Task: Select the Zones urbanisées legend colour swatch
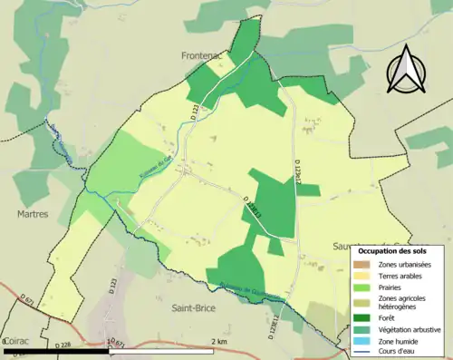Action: [x=361, y=264]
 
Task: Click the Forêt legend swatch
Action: [x=361, y=317]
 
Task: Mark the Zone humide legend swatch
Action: [x=361, y=341]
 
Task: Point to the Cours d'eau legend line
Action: [x=361, y=353]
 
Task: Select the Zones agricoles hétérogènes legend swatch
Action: [x=361, y=302]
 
